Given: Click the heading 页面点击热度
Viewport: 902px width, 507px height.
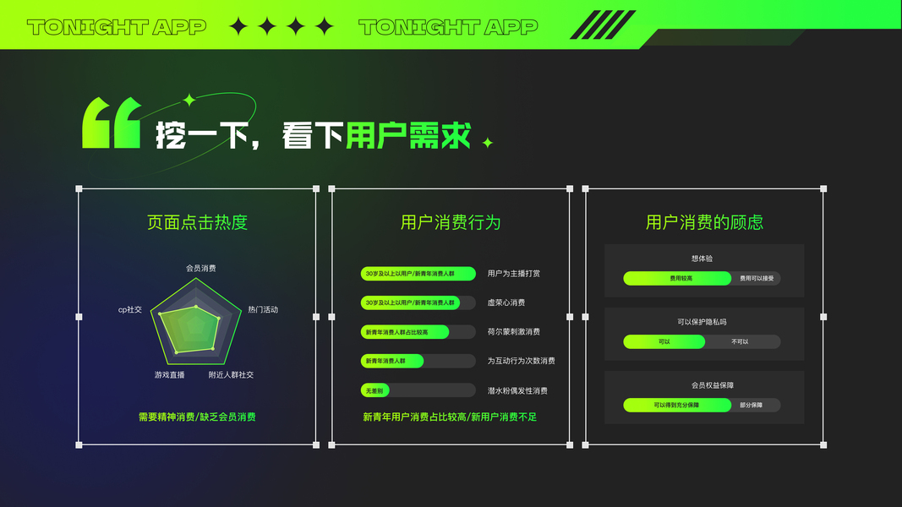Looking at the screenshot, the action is coord(197,223).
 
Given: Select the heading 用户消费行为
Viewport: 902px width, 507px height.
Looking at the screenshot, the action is coord(451,223).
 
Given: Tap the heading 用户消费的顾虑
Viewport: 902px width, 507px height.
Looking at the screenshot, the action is coord(704,223).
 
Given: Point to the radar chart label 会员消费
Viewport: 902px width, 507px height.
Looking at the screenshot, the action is coord(201,268).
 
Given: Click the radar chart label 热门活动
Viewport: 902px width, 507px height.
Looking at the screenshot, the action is coord(262,309).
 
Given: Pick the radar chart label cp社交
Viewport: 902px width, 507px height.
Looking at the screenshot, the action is coord(130,309).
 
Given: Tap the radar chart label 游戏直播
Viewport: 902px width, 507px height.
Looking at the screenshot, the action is coord(169,374).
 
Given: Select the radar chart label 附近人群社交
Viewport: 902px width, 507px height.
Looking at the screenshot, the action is coord(231,374).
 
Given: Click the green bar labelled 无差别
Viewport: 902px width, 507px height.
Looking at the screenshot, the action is coord(374,390).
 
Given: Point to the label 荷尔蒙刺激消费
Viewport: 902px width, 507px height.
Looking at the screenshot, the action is coord(513,332).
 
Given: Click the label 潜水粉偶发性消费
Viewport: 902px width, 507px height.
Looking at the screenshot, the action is coord(517,390).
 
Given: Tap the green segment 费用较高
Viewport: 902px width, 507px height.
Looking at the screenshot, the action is coord(677,278).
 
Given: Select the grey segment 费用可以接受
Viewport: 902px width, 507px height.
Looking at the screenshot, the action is coord(757,278).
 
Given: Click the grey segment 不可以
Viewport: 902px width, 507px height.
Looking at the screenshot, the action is coord(741,342).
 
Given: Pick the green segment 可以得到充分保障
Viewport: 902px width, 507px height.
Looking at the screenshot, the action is coord(677,406).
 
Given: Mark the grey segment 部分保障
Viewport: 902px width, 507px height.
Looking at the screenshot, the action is coord(752,406).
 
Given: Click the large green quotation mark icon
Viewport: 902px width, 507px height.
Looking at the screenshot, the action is coord(111,123).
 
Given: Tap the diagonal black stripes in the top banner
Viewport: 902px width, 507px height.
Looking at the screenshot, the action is coord(602,25).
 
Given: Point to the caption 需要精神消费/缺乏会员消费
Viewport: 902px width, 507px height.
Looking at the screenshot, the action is coord(197,417).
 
